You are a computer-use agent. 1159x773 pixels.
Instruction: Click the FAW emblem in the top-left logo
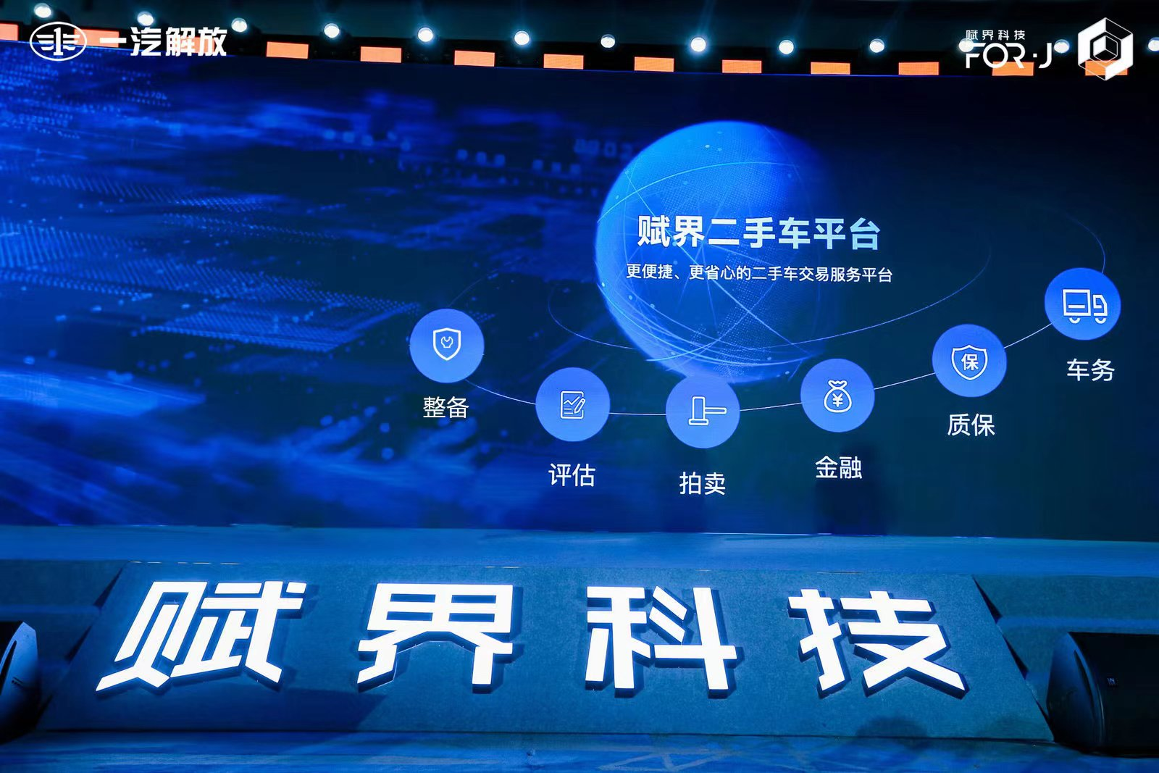point(58,41)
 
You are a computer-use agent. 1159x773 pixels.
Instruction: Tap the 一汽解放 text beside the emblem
point(163,41)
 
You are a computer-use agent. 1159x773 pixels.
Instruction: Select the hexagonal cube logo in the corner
point(1105,49)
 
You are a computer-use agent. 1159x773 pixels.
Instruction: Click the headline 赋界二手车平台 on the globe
point(758,233)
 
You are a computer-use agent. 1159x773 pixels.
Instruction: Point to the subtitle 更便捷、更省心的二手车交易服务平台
point(759,272)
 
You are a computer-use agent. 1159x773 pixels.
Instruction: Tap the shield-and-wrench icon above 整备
point(446,345)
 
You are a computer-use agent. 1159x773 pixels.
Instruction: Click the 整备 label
point(445,407)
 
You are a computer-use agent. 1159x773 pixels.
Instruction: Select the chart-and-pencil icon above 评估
point(573,404)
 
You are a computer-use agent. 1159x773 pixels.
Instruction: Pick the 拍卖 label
point(702,483)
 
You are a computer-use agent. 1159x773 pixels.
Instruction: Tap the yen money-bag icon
point(837,396)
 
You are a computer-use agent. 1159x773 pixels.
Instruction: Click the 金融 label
point(838,467)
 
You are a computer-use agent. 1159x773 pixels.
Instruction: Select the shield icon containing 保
point(969,361)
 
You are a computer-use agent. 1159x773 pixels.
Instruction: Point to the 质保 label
point(971,425)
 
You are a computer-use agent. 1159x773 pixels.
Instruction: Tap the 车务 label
point(1090,369)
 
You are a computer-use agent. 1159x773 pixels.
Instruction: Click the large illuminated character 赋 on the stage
point(202,635)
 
